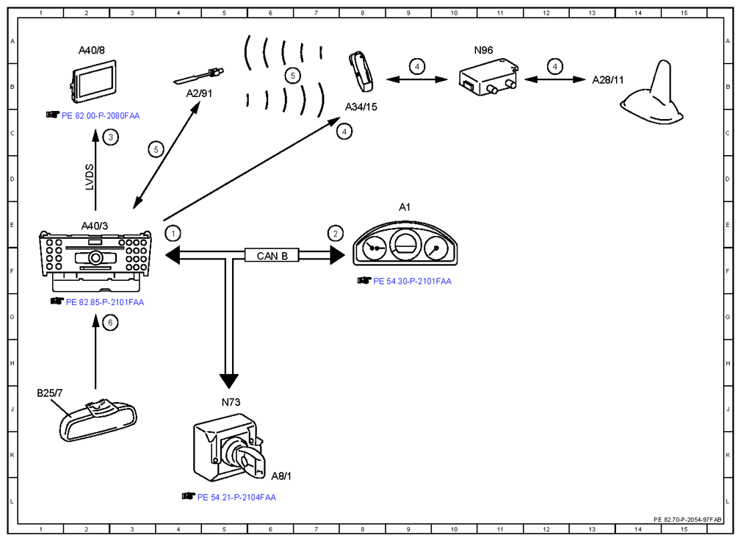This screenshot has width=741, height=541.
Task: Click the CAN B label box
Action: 272,255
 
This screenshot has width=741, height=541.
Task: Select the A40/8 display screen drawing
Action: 93,81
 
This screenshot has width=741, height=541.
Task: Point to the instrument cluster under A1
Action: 405,243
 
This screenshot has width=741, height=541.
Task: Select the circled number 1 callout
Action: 173,233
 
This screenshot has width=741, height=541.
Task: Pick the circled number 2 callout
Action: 336,233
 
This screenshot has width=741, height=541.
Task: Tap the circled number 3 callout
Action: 111,137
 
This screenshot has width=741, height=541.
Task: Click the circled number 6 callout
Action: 110,323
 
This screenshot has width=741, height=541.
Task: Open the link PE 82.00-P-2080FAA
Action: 101,115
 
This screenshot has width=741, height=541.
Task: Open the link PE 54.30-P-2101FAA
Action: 412,281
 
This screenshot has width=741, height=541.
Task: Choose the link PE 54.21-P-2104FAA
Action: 236,497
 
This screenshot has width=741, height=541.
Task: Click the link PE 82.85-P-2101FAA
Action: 105,302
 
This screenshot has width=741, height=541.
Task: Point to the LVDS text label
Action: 90,177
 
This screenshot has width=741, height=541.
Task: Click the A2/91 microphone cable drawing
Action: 198,76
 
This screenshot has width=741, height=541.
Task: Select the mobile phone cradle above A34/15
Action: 361,72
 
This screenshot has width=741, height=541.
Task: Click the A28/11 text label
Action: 608,80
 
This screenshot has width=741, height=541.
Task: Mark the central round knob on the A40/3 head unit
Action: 95,258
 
